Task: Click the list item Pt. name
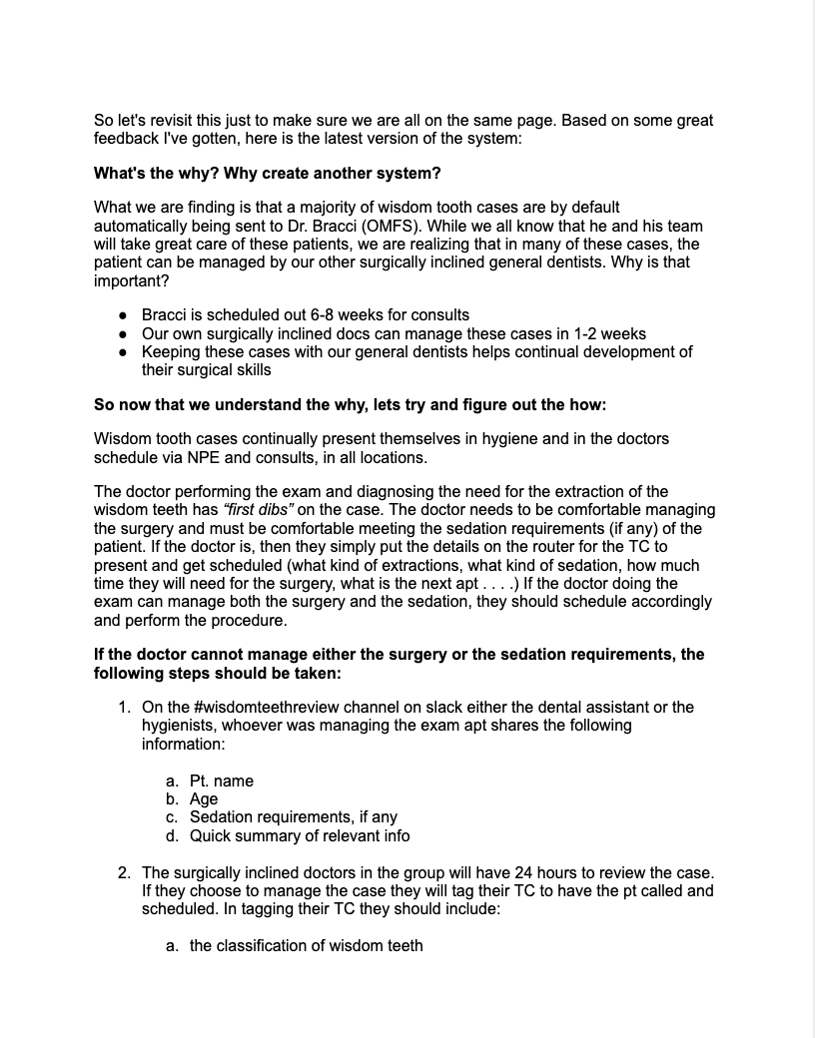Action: (221, 780)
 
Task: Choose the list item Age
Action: (204, 798)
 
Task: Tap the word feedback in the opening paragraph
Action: (129, 139)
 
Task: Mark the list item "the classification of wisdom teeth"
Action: (306, 944)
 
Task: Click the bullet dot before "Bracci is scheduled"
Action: (122, 315)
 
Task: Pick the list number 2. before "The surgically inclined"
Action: (124, 872)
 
